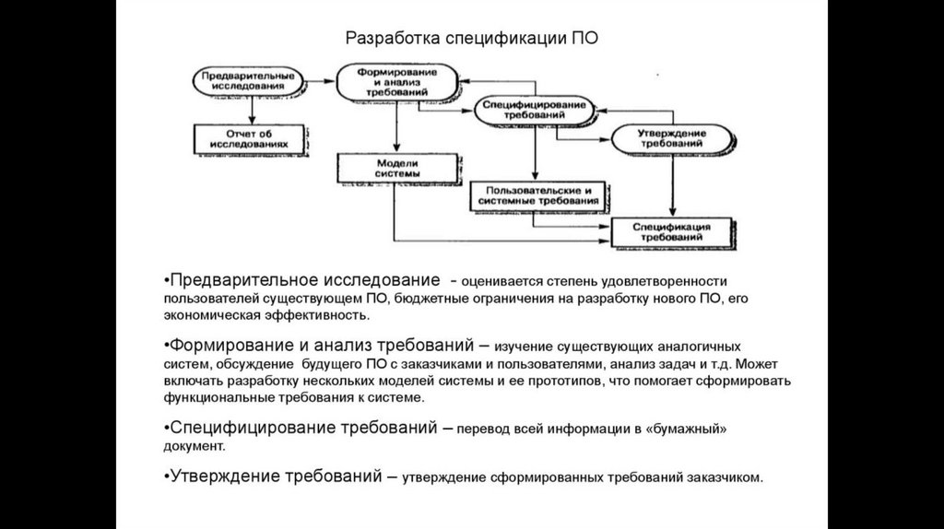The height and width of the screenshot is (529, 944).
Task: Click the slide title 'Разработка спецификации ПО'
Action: tap(470, 39)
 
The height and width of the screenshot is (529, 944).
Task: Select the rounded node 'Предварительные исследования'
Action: tap(247, 80)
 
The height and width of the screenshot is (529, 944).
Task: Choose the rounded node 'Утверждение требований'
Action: tap(671, 139)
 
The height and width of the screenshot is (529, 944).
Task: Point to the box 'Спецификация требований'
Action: tap(671, 230)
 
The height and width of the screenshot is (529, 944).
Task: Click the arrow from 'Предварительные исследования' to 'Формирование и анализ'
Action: tap(319, 81)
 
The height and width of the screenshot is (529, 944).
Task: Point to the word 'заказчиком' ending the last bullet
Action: tap(729, 478)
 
